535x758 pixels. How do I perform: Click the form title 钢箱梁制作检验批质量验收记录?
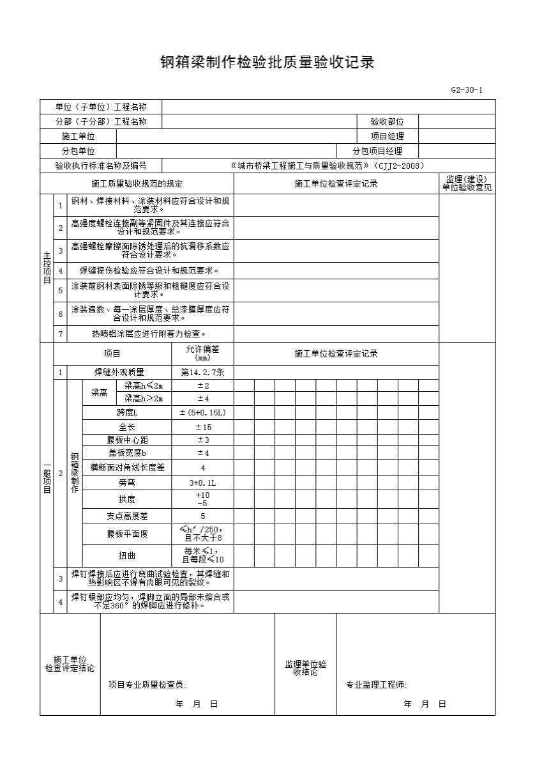coord(267,63)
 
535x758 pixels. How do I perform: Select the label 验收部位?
coord(387,121)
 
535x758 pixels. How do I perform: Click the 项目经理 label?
coord(387,136)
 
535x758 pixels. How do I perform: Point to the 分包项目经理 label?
coord(377,151)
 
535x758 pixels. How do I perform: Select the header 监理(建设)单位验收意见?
coord(467,183)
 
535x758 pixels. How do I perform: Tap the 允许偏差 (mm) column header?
coord(202,353)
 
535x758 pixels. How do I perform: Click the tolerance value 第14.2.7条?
coord(202,372)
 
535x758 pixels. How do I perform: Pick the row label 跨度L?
coord(127,413)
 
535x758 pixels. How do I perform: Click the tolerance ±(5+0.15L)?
coord(202,413)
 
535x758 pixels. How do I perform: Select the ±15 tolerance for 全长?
coord(202,427)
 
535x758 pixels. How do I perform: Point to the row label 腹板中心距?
coord(127,440)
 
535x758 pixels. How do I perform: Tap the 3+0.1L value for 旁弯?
coord(202,483)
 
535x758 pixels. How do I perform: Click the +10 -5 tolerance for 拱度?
coord(202,499)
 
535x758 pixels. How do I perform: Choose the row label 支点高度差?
coord(127,516)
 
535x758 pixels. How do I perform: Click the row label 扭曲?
coord(127,555)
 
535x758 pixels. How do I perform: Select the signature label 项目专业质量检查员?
coord(147,685)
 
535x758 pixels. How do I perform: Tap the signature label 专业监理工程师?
coord(376,685)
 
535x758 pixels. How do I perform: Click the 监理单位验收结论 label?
coord(305,669)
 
